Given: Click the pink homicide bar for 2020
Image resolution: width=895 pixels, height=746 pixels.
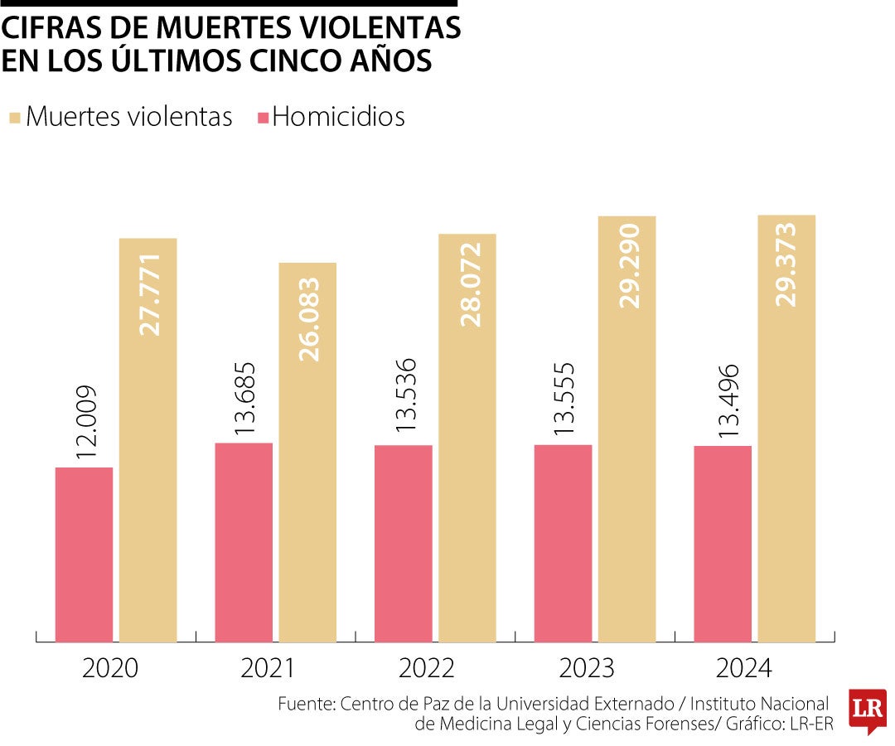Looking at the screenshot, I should point(84,554).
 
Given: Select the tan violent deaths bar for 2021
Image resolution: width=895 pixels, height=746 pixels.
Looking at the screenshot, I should point(307,452).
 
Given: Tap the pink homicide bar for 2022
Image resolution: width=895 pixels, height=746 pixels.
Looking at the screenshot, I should point(403,543).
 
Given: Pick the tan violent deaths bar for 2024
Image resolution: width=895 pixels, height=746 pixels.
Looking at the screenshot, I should point(786,428).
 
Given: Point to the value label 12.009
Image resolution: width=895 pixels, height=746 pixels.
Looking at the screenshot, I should point(86,424).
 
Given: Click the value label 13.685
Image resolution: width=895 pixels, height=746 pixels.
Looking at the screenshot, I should point(245,399).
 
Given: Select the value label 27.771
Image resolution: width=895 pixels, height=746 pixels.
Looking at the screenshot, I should point(149,288).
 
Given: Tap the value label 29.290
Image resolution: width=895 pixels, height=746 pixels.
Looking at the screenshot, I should point(629,265).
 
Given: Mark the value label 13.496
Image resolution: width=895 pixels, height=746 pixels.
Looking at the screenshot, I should point(724,402).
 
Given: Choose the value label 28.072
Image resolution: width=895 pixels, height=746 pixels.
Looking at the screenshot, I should point(469,284).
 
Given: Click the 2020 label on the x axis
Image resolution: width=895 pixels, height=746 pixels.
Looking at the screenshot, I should point(110,669).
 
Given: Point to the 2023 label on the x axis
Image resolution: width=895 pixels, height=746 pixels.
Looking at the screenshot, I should point(589,669).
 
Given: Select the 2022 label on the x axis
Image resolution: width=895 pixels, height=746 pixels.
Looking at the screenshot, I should point(429,669).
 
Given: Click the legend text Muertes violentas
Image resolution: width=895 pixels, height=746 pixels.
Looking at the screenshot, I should point(128,117).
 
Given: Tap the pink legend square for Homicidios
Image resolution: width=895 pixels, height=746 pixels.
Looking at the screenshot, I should point(263,118).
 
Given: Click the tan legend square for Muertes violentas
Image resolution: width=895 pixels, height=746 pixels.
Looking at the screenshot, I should point(14,118).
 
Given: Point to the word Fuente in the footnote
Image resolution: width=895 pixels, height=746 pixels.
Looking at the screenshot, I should point(305,704).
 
